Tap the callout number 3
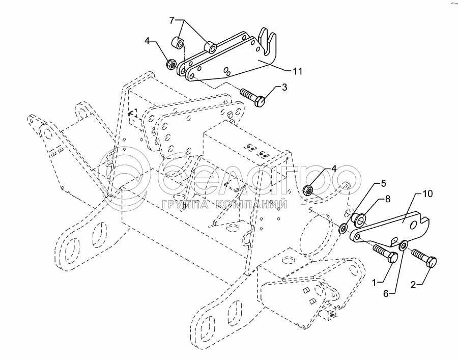pyautogui.click(x=284, y=87)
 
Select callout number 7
pyautogui.click(x=172, y=20)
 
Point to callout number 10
pyautogui.click(x=427, y=194)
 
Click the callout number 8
pyautogui.click(x=388, y=199)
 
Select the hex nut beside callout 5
pyautogui.click(x=308, y=190)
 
